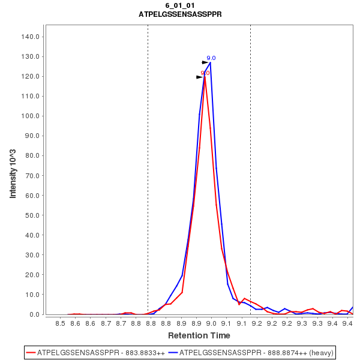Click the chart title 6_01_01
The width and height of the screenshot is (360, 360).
click(180, 5)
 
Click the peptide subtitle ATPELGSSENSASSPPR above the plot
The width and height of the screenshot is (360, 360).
click(180, 14)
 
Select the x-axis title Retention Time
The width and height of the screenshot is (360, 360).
click(199, 335)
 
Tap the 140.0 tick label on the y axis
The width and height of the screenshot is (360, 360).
click(31, 37)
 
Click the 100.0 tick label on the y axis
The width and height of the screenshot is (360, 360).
click(31, 116)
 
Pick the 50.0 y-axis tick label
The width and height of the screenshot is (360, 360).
click(32, 215)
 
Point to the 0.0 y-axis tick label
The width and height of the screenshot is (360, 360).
click(34, 314)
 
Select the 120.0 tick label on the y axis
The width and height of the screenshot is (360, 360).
click(31, 76)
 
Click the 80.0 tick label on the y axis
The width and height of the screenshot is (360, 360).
click(32, 155)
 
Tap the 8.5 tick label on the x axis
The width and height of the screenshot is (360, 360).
click(60, 324)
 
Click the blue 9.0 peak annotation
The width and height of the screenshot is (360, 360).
click(211, 58)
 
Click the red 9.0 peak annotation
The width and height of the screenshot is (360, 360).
click(205, 73)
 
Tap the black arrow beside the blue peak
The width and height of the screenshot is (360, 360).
click(205, 62)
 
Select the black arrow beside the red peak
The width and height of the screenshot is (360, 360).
click(200, 77)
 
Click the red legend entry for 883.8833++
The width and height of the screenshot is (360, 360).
click(96, 352)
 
